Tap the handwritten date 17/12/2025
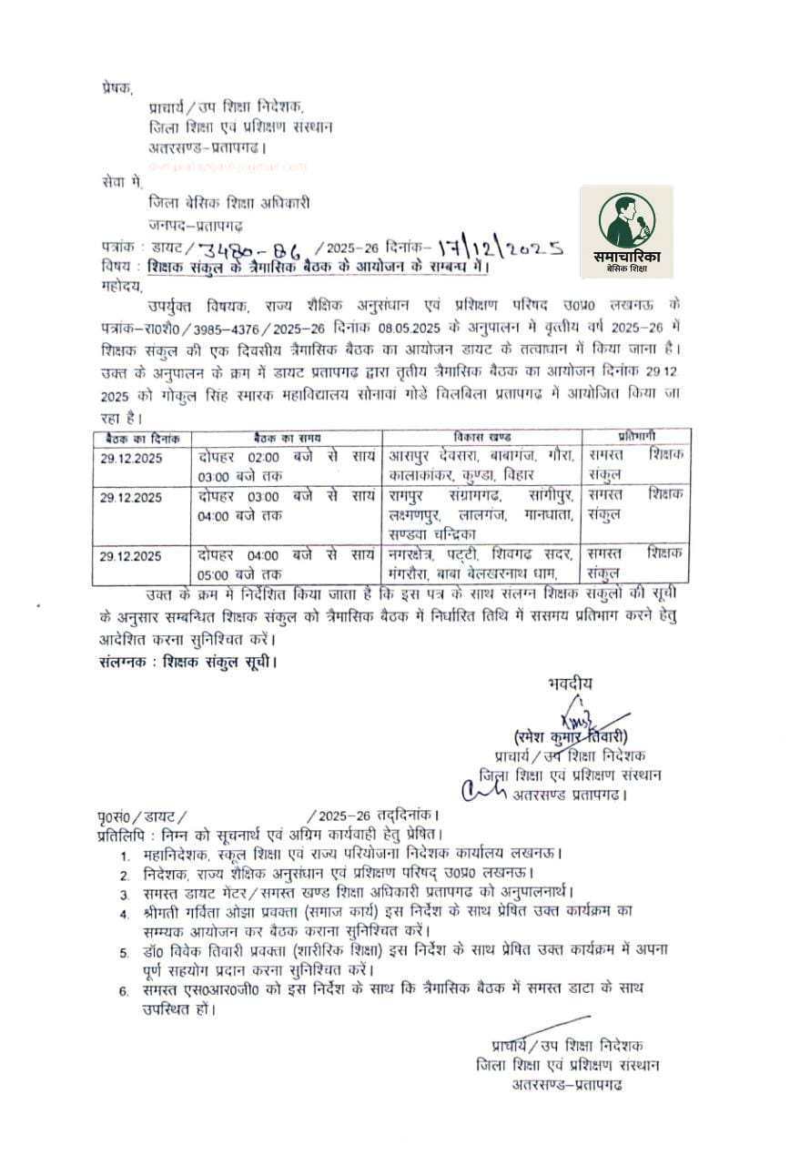(499, 247)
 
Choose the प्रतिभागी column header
(635, 438)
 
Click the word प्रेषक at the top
(116, 89)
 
